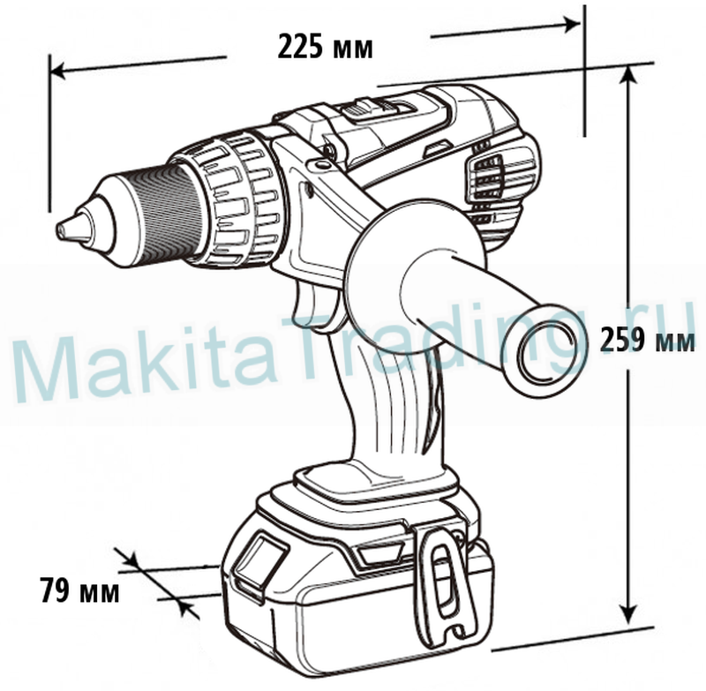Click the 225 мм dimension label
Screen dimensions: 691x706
click(x=325, y=47)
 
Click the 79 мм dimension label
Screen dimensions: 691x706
click(x=79, y=589)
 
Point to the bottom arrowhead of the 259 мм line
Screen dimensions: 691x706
click(x=627, y=612)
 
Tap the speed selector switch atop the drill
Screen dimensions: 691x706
click(x=362, y=109)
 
